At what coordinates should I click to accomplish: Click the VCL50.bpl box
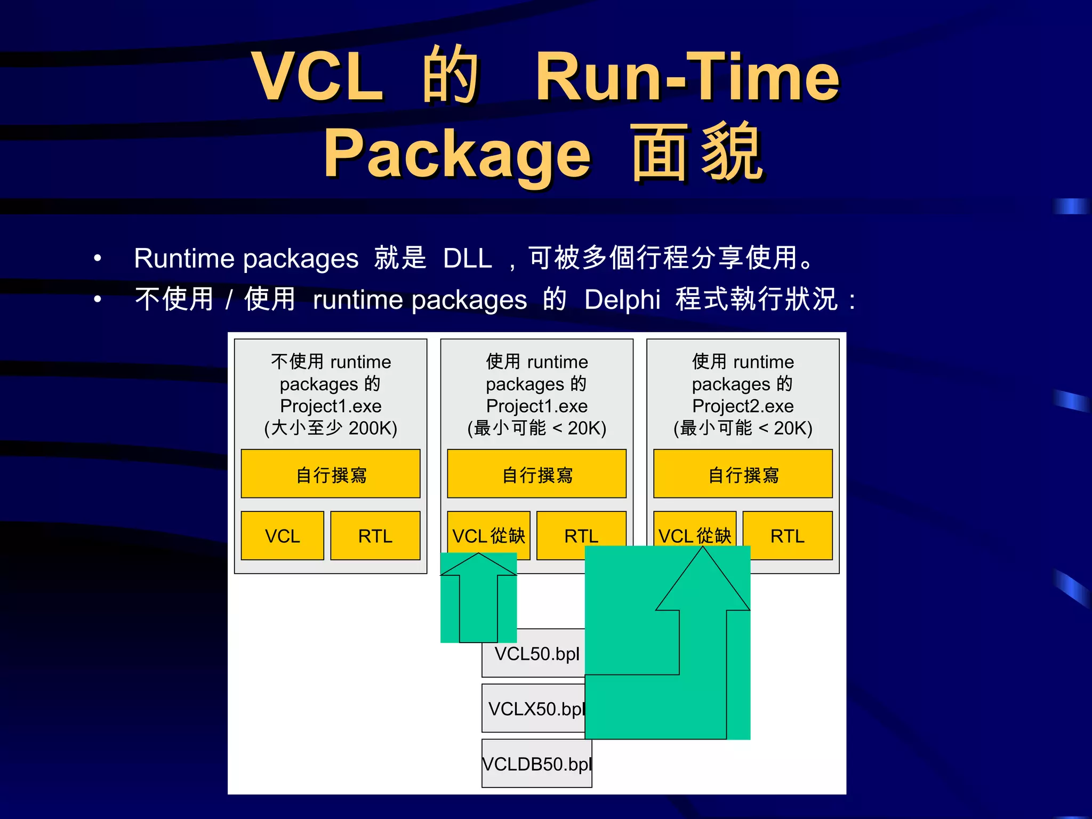pos(533,654)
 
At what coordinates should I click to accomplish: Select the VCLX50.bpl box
pos(533,709)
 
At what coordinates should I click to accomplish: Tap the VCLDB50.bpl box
pos(536,764)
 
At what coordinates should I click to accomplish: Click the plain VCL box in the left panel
pos(282,536)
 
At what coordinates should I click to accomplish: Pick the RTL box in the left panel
pos(375,536)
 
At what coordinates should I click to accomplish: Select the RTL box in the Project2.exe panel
pos(788,536)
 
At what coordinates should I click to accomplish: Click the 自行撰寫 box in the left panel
pos(331,474)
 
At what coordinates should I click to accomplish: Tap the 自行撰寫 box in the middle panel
pos(537,474)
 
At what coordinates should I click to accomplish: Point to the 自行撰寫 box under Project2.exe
pos(743,474)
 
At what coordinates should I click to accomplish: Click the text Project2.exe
pos(743,406)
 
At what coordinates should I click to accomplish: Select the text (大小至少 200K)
pos(331,428)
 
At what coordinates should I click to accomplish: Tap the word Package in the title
pos(457,154)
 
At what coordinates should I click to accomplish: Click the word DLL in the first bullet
pos(467,259)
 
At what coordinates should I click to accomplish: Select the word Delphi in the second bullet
pos(622,300)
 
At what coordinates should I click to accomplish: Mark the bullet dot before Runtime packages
pos(97,259)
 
